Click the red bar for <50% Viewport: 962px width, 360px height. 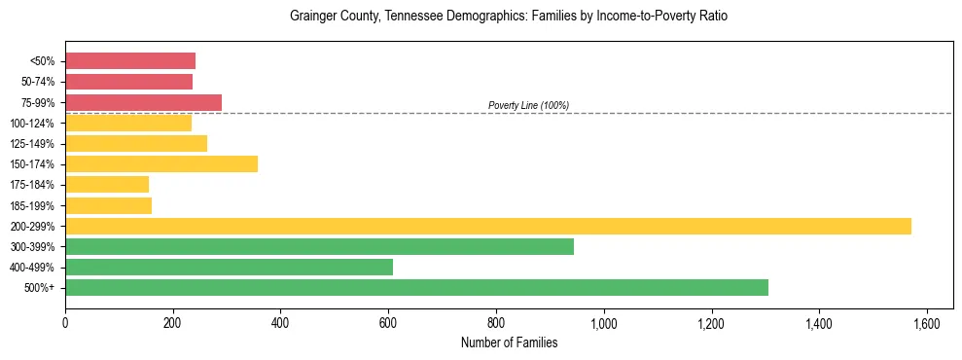coord(130,61)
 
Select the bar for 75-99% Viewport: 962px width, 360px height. coord(143,102)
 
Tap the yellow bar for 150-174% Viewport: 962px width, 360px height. coord(161,163)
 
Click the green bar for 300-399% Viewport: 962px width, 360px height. coord(319,246)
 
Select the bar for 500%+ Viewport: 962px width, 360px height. coord(416,287)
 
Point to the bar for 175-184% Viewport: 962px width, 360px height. coord(107,184)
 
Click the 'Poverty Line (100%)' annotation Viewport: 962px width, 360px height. coord(528,105)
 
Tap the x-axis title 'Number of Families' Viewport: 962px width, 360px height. coord(508,342)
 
